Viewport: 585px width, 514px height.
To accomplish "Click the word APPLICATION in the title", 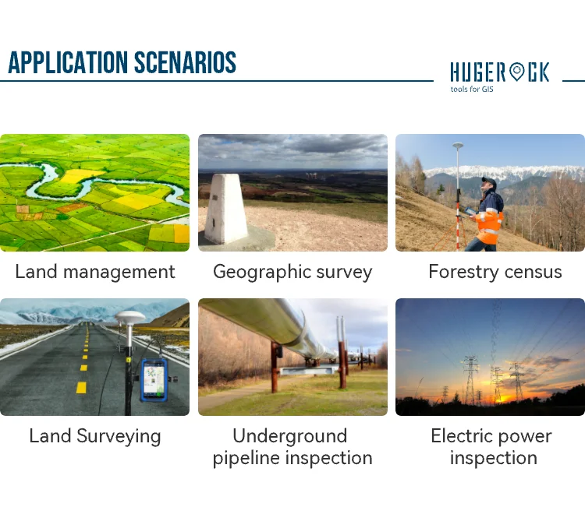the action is click(x=68, y=62).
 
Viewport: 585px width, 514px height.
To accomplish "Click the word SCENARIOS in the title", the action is click(x=185, y=62).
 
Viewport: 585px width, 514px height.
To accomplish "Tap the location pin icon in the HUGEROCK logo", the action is click(x=517, y=72).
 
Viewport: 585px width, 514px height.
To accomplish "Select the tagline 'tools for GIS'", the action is click(x=472, y=89).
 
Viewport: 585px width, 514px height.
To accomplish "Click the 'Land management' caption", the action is click(x=94, y=272).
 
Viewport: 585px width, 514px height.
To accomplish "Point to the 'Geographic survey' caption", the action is click(x=292, y=273).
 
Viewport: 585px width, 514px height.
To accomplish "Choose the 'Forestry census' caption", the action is click(x=495, y=272).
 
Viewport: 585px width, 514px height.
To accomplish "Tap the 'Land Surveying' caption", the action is click(x=94, y=437).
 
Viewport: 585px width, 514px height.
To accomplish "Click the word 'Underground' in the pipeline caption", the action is click(x=290, y=436).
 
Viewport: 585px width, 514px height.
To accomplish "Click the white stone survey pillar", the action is click(x=224, y=209).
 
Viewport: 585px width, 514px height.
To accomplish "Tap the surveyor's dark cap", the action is click(x=489, y=181).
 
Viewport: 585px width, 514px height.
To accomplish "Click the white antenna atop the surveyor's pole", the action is click(x=458, y=146).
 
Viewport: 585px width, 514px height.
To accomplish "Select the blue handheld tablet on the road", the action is click(x=154, y=380).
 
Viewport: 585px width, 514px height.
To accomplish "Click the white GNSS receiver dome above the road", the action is click(x=129, y=317).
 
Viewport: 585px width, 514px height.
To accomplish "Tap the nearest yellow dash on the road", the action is click(x=81, y=387).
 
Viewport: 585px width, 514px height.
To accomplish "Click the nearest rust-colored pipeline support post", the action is click(x=275, y=368).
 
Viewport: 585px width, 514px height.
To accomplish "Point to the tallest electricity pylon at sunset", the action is click(x=471, y=379).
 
